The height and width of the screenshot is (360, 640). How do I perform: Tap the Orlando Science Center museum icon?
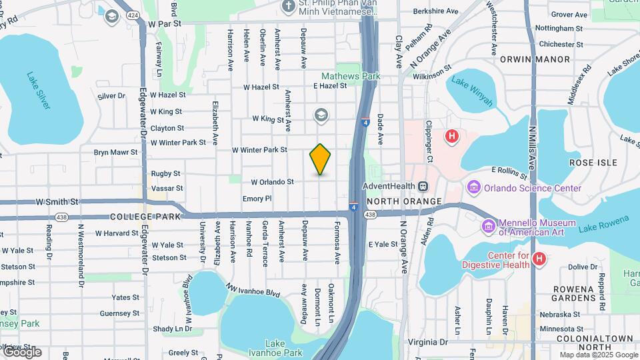click(475, 187)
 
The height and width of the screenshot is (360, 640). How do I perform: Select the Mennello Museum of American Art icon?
click(489, 227)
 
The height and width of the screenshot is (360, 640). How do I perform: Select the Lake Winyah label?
click(472, 91)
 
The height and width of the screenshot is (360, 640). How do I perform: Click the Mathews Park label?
click(351, 76)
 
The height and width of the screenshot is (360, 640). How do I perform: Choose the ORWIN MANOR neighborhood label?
click(545, 59)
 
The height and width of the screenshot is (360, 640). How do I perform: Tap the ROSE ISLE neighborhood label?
click(593, 163)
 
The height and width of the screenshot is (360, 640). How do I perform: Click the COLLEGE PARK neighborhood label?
click(145, 217)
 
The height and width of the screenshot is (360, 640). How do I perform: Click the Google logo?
click(22, 352)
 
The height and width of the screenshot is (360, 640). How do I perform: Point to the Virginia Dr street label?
click(427, 342)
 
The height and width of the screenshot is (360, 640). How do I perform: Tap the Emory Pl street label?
click(257, 199)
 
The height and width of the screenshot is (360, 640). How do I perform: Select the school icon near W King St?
click(321, 116)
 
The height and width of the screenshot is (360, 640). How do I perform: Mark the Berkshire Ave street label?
click(436, 11)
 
